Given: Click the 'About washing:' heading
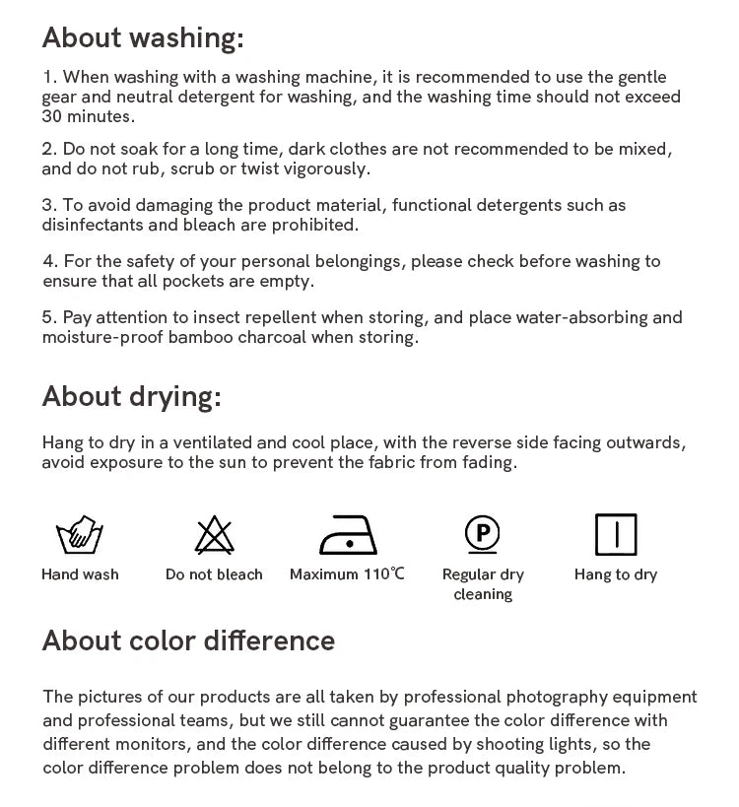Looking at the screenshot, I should point(142,37).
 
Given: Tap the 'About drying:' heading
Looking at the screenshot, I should point(131,396).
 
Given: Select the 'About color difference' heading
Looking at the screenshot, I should point(188,640).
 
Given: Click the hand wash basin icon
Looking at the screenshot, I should point(80,534).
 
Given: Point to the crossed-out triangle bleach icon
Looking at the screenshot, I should point(214,534).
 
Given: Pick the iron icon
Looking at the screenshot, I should point(348,535).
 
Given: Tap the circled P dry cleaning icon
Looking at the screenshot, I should point(483,534).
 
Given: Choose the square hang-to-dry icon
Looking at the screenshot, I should point(616,534).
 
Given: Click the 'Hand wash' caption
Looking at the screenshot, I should point(80,574).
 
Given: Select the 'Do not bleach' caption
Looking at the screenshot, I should point(214,574).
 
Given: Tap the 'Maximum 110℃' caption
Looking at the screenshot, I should point(347,573).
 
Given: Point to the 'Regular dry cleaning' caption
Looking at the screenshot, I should point(483,584).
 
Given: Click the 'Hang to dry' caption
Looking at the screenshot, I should point(616,574).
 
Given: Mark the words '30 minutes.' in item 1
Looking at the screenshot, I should point(88,116).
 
